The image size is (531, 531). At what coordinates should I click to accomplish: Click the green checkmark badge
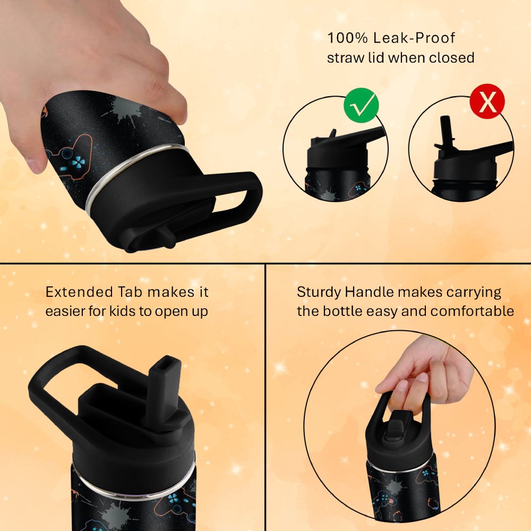361,105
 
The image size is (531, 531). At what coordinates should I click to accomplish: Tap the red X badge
487,101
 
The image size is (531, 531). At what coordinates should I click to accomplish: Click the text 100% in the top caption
347,38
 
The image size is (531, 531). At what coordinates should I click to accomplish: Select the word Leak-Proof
414,38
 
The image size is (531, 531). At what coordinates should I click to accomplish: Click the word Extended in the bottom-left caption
79,292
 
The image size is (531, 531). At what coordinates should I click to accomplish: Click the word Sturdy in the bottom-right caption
319,292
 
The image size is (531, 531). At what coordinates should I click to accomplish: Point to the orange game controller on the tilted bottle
72,156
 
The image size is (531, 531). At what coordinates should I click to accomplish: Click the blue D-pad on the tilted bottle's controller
78,161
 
